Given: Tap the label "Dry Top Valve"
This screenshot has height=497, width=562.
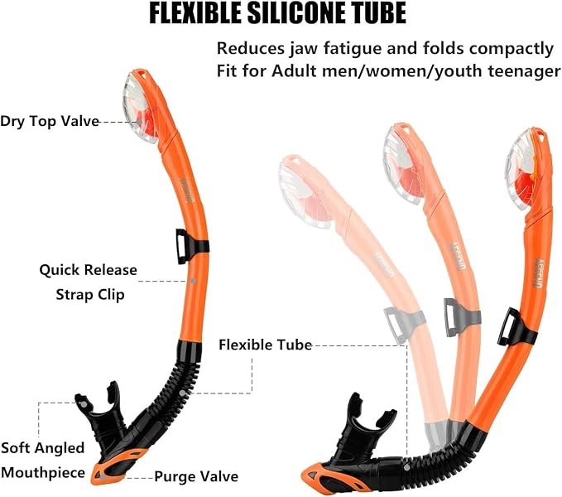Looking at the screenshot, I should pos(50,121).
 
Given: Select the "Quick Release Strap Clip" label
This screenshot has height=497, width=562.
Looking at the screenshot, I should pos(88,282).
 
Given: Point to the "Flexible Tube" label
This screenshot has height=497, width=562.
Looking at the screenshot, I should pos(265,344).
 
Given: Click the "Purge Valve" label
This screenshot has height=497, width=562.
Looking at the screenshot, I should pos(196,476).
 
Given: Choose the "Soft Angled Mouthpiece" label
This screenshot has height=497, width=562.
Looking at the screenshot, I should pos(42,461).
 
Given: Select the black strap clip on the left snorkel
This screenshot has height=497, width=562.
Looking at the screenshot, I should pos(190,246).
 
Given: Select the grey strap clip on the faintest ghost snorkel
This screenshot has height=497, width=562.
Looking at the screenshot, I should pos(402,324).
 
